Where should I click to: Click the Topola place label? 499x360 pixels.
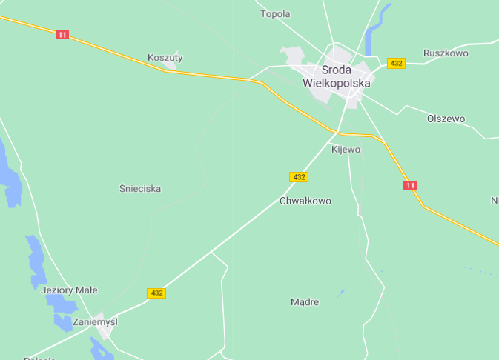[275, 13]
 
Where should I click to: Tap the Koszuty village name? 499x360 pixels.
[165, 57]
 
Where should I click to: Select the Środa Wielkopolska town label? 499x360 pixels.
[336, 76]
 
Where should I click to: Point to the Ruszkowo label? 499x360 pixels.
[446, 53]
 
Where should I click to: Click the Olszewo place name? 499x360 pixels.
[446, 119]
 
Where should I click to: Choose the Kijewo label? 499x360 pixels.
[346, 150]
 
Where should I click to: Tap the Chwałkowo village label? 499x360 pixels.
[305, 201]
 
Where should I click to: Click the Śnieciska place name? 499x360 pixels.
[140, 189]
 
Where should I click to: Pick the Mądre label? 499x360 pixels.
[305, 302]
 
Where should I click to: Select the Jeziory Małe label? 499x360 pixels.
[69, 290]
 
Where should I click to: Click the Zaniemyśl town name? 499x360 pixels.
[95, 322]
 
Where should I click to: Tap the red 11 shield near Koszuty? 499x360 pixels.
[62, 35]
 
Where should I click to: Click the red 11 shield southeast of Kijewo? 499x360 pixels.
[410, 184]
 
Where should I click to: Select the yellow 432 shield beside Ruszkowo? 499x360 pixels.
[396, 64]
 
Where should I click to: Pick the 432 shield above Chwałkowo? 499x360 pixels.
[298, 177]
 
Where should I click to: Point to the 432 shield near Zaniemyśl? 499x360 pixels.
[156, 293]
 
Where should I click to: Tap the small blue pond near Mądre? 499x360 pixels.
[340, 294]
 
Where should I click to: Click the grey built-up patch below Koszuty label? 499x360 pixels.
[171, 66]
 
